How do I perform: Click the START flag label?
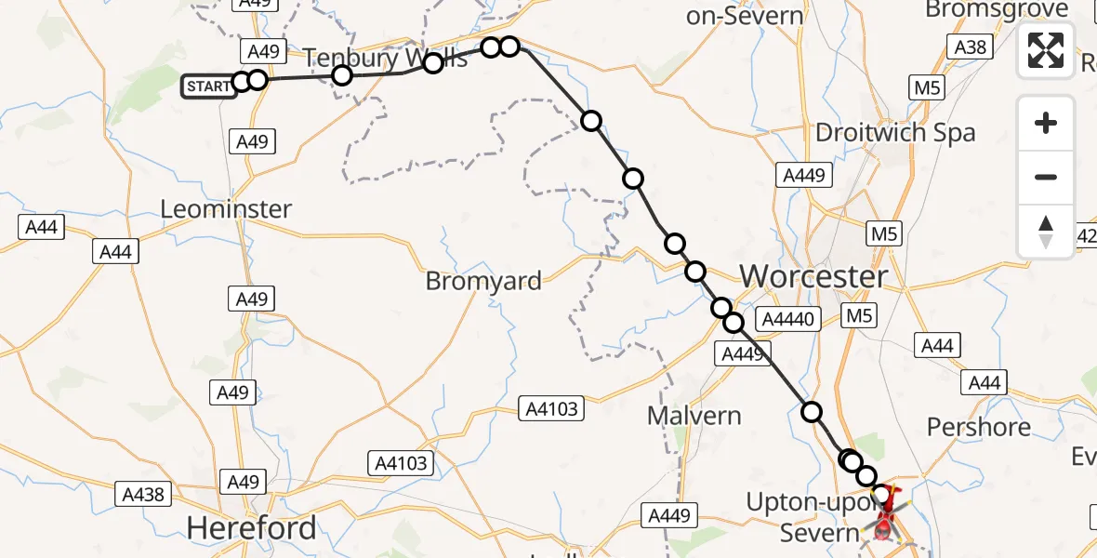(208, 86)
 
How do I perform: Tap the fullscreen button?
(1046, 50)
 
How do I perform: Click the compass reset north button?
(1046, 232)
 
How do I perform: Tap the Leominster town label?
(226, 209)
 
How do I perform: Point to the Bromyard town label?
(483, 281)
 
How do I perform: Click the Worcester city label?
(813, 276)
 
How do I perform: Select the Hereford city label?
(251, 528)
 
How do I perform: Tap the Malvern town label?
(694, 415)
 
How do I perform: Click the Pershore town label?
(979, 427)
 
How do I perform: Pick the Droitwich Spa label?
(895, 132)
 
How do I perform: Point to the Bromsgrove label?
(997, 10)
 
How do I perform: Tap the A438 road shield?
(143, 494)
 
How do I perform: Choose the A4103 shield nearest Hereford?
(402, 462)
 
